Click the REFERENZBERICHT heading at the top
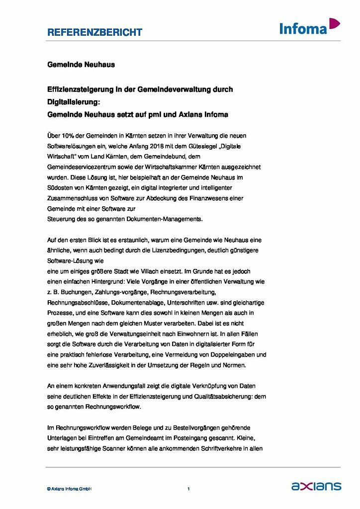point(94,32)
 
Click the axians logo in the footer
point(316,486)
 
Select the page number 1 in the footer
point(188,489)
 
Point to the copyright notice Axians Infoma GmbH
point(69,489)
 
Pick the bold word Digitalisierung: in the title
point(74,102)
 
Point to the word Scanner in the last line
point(118,448)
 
